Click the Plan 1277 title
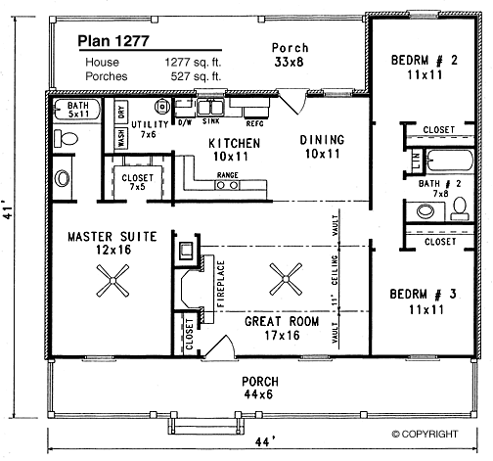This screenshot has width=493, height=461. pyautogui.click(x=113, y=41)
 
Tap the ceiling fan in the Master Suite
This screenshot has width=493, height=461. pyautogui.click(x=112, y=281)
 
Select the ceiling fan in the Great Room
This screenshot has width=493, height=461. pyautogui.click(x=286, y=279)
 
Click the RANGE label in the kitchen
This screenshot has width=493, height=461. pyautogui.click(x=228, y=175)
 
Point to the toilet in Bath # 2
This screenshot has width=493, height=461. pyautogui.click(x=460, y=208)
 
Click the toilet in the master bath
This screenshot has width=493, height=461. pyautogui.click(x=67, y=138)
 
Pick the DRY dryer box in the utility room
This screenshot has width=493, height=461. pyautogui.click(x=121, y=112)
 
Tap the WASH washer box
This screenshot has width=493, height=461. pyautogui.click(x=121, y=138)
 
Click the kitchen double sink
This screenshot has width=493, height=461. pyautogui.click(x=210, y=107)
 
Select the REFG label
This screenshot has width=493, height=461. pyautogui.click(x=254, y=123)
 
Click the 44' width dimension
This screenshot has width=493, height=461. pyautogui.click(x=263, y=442)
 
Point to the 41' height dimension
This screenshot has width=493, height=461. pyautogui.click(x=9, y=212)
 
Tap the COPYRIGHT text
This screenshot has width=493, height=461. pyautogui.click(x=425, y=434)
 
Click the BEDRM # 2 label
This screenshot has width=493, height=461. pyautogui.click(x=425, y=61)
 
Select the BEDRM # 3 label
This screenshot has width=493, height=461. pyautogui.click(x=424, y=295)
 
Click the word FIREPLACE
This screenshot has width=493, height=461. pyautogui.click(x=221, y=284)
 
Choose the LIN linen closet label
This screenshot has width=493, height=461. pyautogui.click(x=417, y=161)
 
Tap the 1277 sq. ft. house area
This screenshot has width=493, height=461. pyautogui.click(x=193, y=62)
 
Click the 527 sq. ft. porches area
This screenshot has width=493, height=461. pyautogui.click(x=196, y=76)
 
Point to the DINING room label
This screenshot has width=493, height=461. pyautogui.click(x=322, y=140)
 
